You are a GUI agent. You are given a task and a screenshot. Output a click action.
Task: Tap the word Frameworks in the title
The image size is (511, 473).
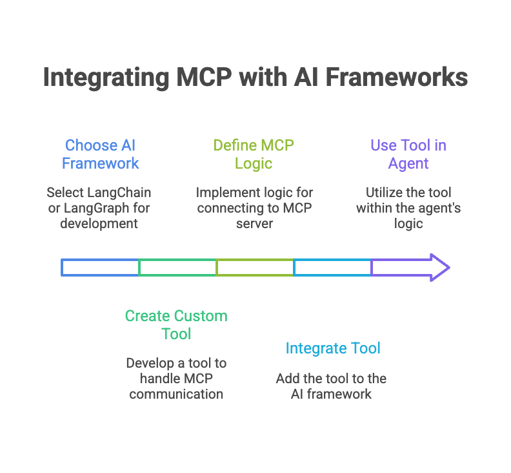click(x=396, y=78)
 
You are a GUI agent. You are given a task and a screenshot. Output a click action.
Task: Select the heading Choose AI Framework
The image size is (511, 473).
click(x=101, y=154)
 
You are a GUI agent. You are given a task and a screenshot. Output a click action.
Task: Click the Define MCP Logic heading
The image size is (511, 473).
click(x=254, y=154)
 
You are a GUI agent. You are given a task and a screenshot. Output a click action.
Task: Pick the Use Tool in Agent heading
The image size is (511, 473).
click(x=408, y=154)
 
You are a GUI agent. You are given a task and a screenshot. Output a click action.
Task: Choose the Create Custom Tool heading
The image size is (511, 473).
click(x=176, y=325)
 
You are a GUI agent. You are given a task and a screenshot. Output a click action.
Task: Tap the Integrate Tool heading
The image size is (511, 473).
click(x=333, y=348)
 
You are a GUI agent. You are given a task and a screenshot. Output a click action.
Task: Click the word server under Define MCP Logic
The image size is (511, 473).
click(x=254, y=224)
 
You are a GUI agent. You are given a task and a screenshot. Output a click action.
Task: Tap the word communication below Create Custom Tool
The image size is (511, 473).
click(x=176, y=394)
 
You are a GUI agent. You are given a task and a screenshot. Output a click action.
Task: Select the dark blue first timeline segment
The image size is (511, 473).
click(x=100, y=268)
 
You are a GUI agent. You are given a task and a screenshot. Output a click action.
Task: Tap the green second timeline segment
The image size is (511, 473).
click(x=177, y=268)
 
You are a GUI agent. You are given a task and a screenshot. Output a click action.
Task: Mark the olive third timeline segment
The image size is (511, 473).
click(x=255, y=268)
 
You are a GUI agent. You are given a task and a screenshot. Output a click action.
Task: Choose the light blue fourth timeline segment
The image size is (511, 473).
click(x=332, y=268)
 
